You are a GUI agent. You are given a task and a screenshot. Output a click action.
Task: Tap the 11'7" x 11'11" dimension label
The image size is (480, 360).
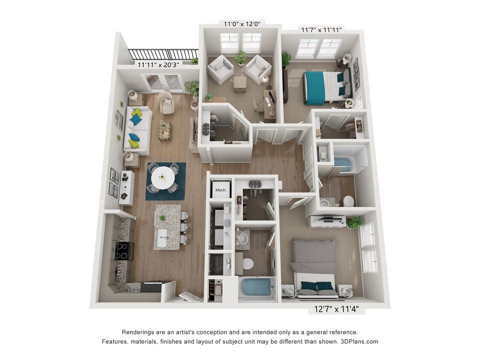321,30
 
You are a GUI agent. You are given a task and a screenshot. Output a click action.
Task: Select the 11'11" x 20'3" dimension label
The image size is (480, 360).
158,65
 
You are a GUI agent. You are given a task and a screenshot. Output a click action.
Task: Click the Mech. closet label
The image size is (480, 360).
221,190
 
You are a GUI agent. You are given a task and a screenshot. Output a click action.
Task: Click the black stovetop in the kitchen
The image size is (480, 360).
123,250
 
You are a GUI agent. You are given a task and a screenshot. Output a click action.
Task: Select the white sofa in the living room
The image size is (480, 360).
137,130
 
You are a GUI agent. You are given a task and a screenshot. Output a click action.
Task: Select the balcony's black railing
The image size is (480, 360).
163,54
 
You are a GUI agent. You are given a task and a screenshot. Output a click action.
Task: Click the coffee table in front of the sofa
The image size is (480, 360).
165,131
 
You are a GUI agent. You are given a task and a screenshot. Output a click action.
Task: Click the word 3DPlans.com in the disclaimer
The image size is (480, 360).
360,341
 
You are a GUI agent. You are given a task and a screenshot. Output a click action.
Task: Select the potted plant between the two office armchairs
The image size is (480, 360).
240,58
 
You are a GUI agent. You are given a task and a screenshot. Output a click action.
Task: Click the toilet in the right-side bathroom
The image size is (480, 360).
349,200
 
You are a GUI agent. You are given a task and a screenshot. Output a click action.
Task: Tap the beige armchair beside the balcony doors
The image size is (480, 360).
166,102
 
